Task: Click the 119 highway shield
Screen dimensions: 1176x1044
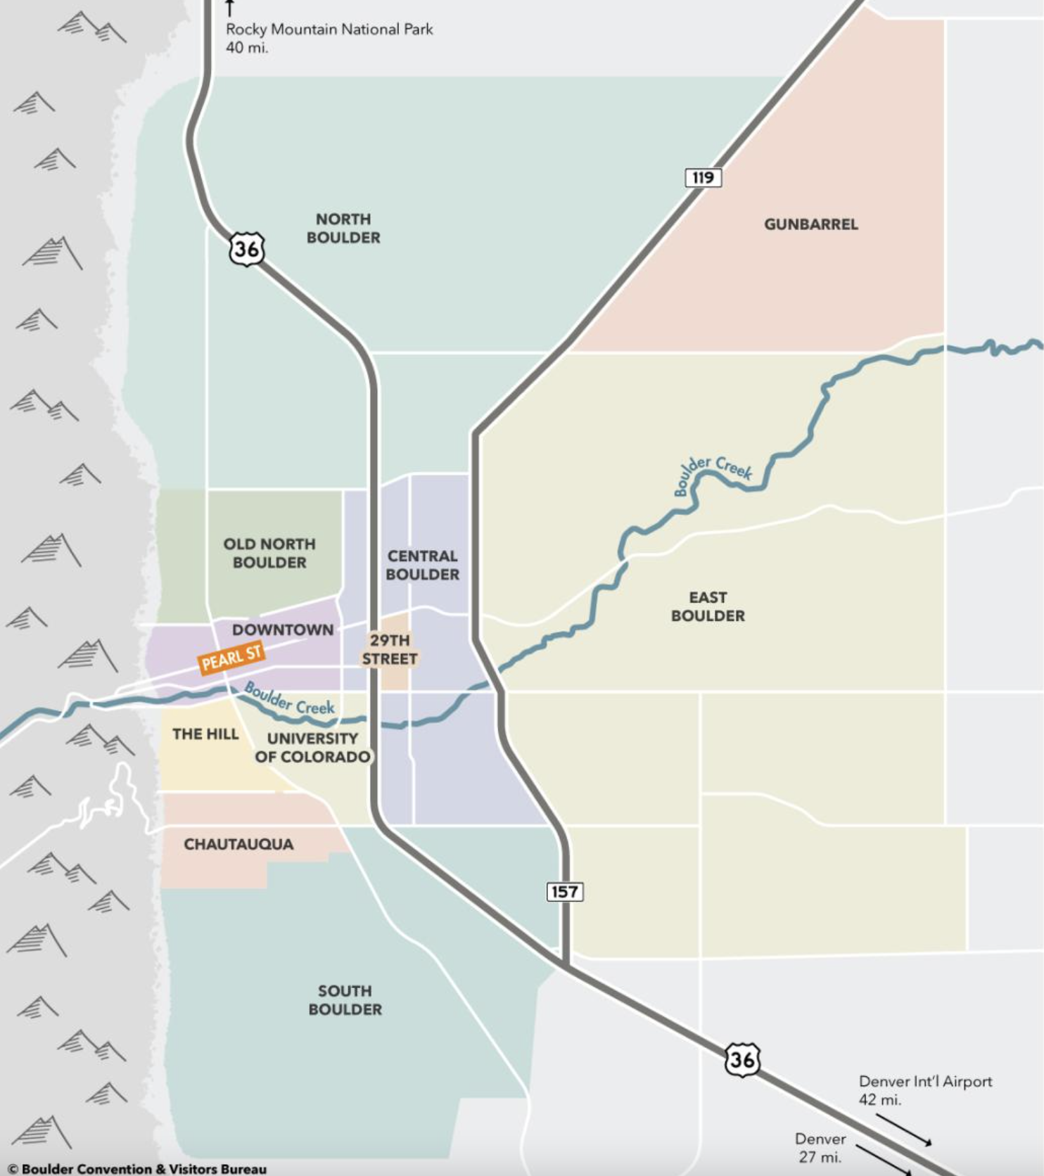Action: [x=703, y=177]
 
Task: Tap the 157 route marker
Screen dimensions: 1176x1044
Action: [x=564, y=892]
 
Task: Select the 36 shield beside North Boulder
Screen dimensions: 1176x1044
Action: [x=246, y=249]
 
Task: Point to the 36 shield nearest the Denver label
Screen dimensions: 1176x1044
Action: [x=741, y=1059]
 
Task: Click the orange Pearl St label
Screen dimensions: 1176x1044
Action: [x=231, y=659]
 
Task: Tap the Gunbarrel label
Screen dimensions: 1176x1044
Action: [x=810, y=224]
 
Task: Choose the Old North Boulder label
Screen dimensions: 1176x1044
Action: [x=269, y=553]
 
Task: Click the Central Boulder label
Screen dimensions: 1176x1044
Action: [x=422, y=565]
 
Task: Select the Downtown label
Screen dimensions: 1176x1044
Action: [x=283, y=629]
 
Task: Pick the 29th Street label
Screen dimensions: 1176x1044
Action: [x=390, y=649]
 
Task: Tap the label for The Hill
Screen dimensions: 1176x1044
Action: [x=205, y=734]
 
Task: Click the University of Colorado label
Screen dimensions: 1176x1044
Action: [x=312, y=748]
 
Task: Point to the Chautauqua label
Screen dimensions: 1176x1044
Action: [x=238, y=844]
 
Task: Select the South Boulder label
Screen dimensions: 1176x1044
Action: [x=345, y=999]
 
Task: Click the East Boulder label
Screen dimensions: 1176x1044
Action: [x=708, y=606]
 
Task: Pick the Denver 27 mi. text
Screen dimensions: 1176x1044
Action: [x=820, y=1147]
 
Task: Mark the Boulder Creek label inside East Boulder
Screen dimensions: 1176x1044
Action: [x=712, y=472]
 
